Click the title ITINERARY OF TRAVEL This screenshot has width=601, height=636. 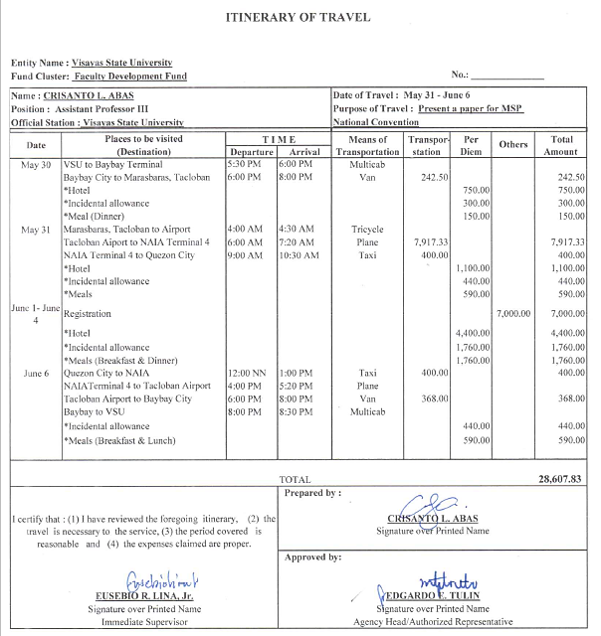(x=300, y=18)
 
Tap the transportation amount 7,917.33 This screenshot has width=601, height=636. (x=430, y=241)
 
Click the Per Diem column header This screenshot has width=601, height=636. (x=473, y=145)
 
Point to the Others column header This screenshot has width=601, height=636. (x=513, y=145)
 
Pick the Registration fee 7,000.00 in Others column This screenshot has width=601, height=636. (x=514, y=312)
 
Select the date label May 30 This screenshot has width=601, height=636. (x=36, y=164)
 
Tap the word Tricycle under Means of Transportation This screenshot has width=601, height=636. (x=367, y=230)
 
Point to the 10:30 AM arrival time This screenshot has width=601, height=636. (x=299, y=254)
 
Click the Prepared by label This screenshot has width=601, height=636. (x=311, y=492)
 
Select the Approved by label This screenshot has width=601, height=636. (x=312, y=557)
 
